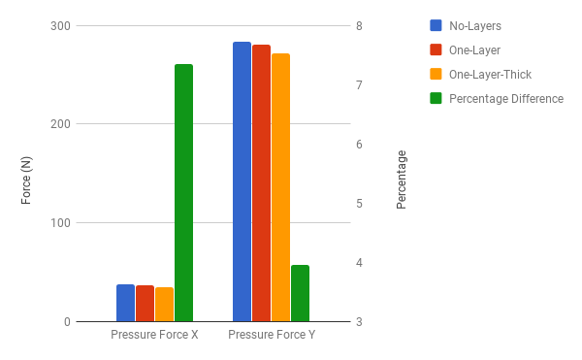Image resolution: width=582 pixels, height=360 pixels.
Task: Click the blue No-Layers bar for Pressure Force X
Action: [125, 303]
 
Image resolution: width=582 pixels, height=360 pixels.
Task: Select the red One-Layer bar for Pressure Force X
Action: [145, 304]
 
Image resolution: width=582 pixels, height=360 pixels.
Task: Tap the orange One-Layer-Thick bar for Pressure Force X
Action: [164, 305]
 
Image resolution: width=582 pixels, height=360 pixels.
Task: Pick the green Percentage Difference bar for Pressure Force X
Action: [183, 193]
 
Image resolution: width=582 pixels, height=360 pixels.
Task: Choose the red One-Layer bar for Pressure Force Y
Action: [261, 183]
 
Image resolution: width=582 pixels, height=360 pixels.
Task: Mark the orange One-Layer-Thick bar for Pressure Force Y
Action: [280, 188]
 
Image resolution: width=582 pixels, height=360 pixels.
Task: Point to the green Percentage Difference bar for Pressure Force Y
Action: [300, 293]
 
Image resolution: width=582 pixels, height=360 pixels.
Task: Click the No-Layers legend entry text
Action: [475, 25]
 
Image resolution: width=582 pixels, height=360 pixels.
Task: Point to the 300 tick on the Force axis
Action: [60, 25]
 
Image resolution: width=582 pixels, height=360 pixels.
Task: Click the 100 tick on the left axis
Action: [60, 223]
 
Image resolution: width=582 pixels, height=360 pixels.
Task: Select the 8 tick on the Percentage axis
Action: [359, 25]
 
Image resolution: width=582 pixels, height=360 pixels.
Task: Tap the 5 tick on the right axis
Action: [359, 204]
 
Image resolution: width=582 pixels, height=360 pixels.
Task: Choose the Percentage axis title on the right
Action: [402, 180]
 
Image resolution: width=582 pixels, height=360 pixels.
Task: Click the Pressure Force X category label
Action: [154, 335]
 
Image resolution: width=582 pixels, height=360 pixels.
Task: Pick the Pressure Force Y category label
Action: [271, 335]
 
